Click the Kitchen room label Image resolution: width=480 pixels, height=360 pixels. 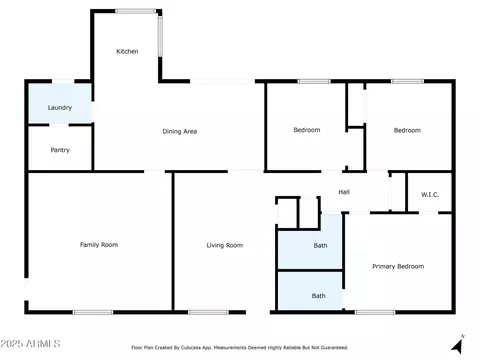point(127,51)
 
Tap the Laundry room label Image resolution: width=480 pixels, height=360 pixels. point(60,108)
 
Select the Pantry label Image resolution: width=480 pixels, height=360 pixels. point(60,150)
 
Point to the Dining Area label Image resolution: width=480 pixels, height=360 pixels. point(180,131)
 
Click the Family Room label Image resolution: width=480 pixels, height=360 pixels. point(99,245)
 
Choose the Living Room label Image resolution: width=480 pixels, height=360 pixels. point(225,245)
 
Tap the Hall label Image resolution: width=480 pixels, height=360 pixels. point(344,192)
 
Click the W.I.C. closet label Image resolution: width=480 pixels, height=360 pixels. point(430,195)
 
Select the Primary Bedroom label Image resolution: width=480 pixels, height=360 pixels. point(398,266)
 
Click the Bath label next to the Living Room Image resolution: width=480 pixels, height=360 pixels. point(320,246)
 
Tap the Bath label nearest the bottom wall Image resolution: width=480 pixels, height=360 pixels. point(319,296)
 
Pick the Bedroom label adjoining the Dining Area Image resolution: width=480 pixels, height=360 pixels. point(307,130)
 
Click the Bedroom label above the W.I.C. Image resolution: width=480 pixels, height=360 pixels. point(407,130)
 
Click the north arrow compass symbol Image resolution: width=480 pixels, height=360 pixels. point(458,345)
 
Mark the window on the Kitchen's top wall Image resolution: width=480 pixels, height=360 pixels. point(135,11)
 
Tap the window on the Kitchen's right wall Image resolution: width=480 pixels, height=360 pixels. point(160,36)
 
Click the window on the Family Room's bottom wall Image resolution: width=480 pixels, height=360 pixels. point(93,312)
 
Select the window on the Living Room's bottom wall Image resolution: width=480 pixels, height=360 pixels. point(208,312)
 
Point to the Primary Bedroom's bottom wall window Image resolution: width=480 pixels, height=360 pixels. point(375,312)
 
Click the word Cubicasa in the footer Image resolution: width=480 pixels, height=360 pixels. point(191,348)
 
